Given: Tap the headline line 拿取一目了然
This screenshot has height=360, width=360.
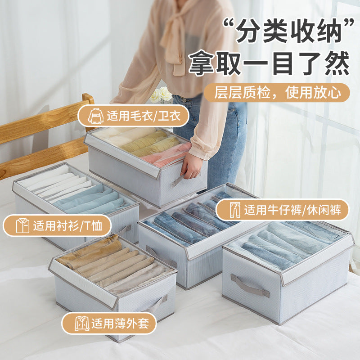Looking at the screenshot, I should pos(269,63).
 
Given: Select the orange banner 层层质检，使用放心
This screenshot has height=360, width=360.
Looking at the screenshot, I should pos(276,93).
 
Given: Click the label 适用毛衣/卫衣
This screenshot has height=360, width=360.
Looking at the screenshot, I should pos(134,116).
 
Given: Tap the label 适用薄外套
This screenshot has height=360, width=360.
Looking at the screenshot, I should pos(109,323).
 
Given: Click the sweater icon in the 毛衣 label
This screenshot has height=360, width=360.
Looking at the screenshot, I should pos(96,116).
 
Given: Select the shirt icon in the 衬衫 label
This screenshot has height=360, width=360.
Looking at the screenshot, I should pos(22,225).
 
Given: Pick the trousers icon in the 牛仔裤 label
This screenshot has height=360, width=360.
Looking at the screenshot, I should pos(235,210).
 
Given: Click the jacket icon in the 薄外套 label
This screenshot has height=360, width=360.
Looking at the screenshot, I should pos(82,323).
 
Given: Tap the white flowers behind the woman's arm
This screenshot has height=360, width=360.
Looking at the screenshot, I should pos(162,95).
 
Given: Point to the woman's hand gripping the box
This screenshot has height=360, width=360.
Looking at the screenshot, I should pos(192,167).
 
